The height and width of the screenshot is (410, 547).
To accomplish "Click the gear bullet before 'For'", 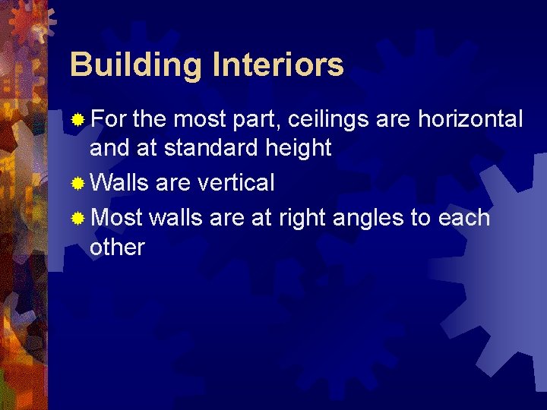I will [x=77, y=119].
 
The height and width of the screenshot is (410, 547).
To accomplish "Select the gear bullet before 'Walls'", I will [x=77, y=183].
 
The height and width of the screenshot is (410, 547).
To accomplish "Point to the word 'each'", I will [x=463, y=219].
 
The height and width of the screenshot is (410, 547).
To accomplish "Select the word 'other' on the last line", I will [x=117, y=248].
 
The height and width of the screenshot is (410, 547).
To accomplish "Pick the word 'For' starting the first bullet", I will [x=109, y=119].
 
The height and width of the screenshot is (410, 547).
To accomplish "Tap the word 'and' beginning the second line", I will [x=109, y=147].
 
